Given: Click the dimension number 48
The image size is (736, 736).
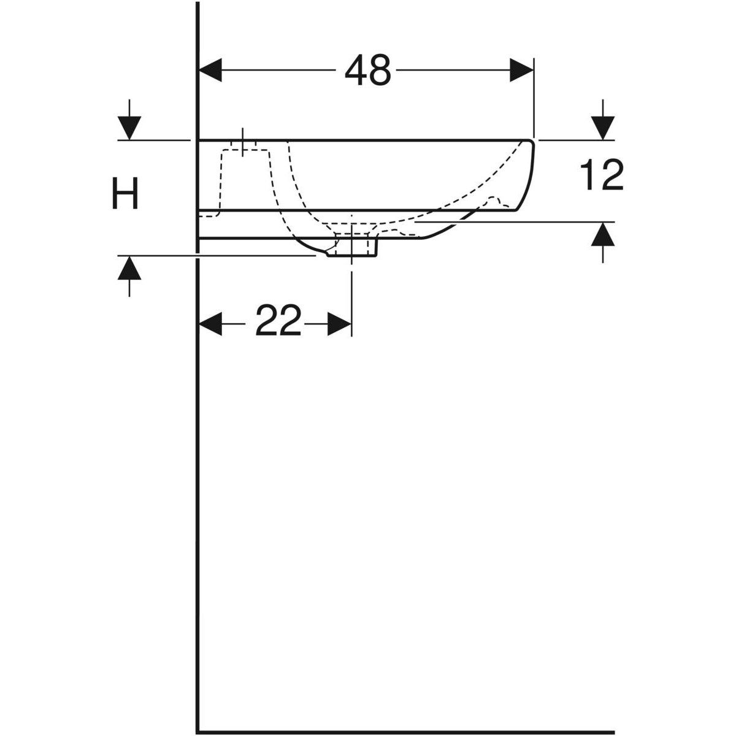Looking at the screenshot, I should coord(367,71).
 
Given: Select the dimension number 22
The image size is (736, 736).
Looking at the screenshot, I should coord(278,321).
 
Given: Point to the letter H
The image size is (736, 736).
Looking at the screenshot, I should coord(125,193).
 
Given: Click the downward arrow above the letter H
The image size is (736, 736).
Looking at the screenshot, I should coord(129,127).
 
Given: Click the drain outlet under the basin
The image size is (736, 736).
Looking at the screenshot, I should coord(353,248).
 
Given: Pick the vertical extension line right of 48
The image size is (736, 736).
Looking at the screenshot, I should coord(534,98).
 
